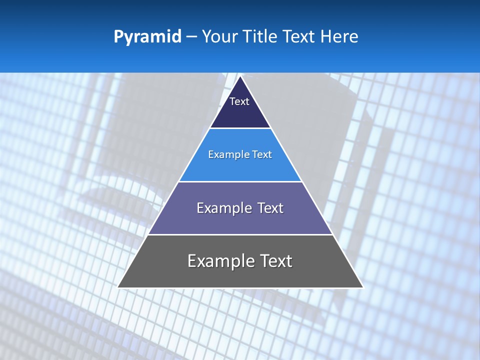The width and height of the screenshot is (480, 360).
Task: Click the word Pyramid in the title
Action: pos(147,37)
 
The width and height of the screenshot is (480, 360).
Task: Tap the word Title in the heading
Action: pos(261,36)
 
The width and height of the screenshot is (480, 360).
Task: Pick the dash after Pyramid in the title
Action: pos(191,37)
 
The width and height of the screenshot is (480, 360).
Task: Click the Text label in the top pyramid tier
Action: pos(239,101)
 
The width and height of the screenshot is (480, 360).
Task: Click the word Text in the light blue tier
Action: pos(262,154)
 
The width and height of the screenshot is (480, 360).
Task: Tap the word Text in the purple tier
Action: pos(270,208)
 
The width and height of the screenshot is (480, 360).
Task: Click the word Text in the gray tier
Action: pos(275,261)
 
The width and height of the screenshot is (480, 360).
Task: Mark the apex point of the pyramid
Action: pos(240,76)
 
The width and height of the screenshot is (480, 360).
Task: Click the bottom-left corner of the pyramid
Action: pos(117,287)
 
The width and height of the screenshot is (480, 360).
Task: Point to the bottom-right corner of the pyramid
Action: pos(363,287)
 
